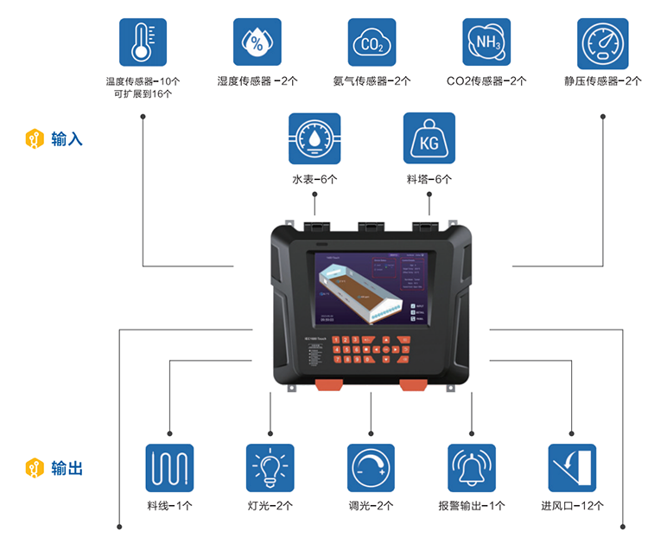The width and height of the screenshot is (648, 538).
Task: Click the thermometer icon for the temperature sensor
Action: coord(143,42)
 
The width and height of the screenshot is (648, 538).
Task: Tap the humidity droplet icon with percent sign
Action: coord(257,42)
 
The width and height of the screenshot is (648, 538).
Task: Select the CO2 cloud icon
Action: coord(372,42)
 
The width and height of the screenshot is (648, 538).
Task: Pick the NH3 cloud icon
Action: coord(486,42)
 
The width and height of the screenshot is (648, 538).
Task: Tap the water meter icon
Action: coord(314,138)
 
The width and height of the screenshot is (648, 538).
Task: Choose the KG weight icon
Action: coord(429,138)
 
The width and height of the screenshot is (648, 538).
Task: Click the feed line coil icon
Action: coord(169,468)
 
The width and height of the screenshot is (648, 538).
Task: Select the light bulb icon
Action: coord(270,468)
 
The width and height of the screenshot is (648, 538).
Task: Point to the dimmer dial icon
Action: coord(372,468)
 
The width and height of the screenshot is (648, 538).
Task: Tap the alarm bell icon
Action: coord(472,468)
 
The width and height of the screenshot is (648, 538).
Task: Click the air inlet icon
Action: coord(572,468)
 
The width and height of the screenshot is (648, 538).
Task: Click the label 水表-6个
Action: coord(314,180)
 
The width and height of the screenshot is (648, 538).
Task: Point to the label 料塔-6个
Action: coord(429,180)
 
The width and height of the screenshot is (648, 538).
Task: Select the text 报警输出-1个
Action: coord(472,506)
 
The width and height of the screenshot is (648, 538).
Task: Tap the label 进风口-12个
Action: coord(572,506)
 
